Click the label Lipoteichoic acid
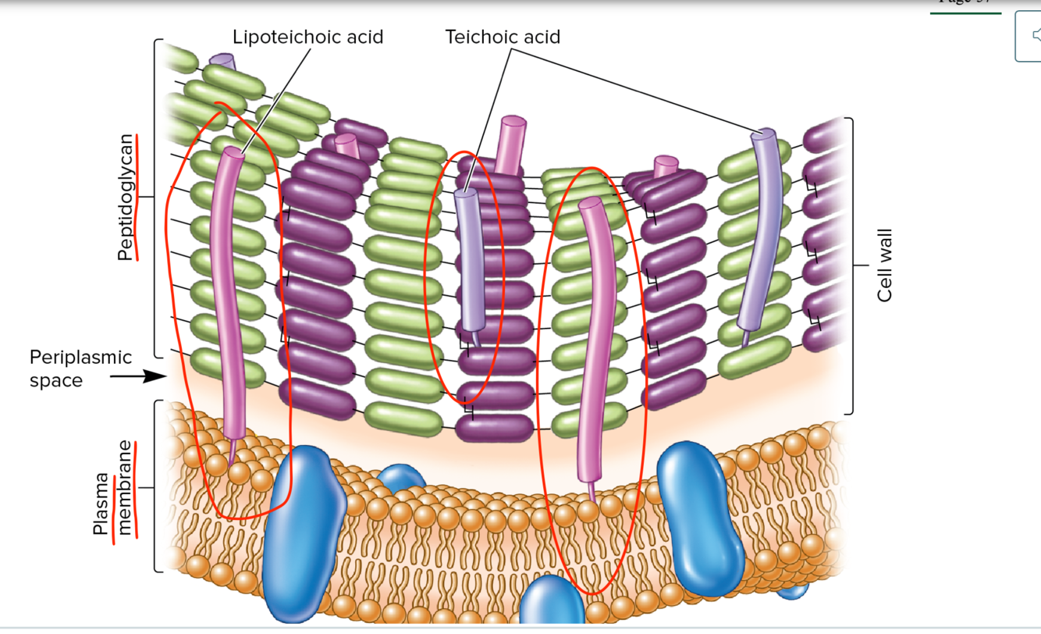(307, 37)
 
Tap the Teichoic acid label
(503, 37)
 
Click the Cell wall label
(884, 265)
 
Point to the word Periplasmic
(80, 357)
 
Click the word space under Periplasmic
(55, 381)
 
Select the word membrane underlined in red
(126, 488)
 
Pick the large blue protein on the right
(700, 515)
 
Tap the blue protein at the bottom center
(552, 604)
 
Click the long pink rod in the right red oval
(593, 336)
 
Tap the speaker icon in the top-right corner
(1032, 35)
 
